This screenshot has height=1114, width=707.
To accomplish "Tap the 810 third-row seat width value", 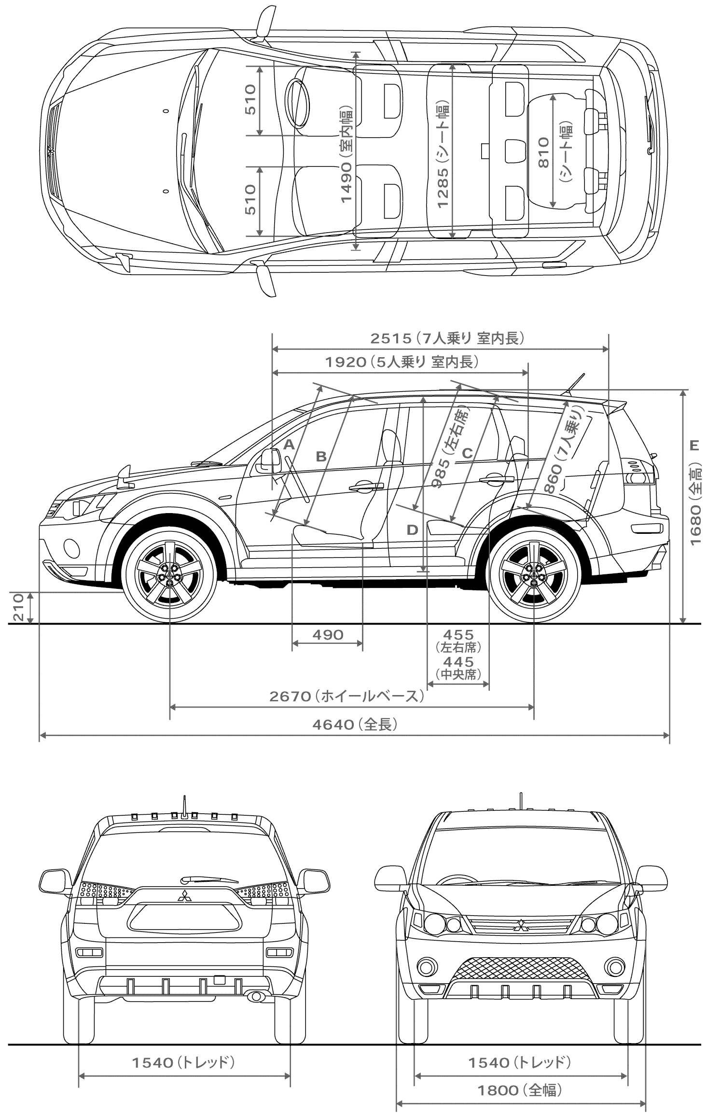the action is point(543,153).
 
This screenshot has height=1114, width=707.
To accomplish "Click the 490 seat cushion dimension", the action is point(328,634).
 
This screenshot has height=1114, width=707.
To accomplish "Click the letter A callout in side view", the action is point(289,445).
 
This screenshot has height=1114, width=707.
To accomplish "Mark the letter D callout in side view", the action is point(412,530).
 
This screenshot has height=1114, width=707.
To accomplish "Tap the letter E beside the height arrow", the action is point(694,446).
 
